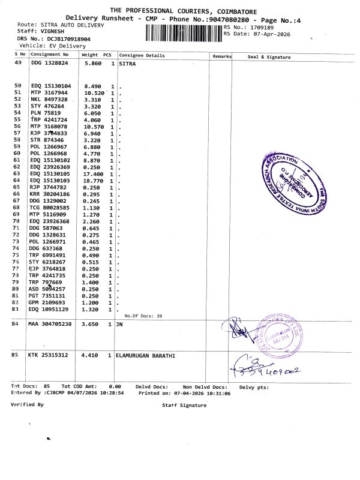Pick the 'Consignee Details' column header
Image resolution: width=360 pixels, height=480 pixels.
142,56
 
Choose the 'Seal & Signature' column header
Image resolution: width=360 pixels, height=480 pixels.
269,56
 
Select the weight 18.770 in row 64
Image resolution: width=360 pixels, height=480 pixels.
94,181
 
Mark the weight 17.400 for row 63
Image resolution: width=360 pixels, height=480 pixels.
94,173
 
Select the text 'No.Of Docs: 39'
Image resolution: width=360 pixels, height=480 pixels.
143,316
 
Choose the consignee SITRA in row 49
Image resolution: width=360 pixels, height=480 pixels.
127,63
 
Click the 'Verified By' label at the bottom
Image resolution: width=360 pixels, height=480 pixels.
27,404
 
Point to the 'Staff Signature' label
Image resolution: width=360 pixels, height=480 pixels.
184,406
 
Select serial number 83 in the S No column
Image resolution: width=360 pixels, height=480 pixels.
17,310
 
